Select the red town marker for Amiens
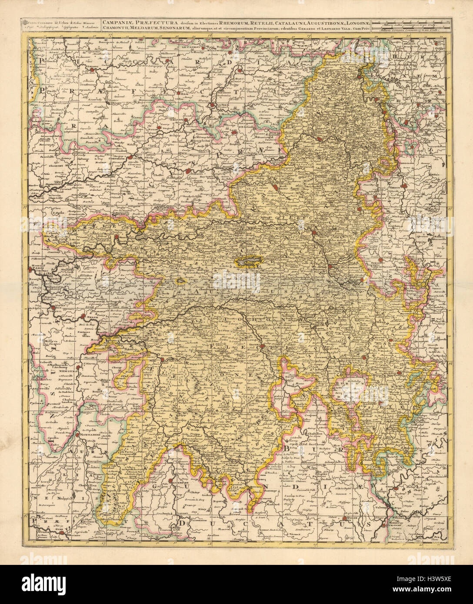(x=93, y=69)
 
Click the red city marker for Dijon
(x=345, y=518)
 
